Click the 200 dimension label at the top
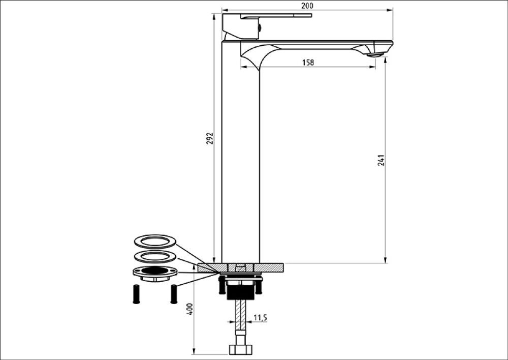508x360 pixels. (x=307, y=6)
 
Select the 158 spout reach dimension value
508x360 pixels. (x=308, y=62)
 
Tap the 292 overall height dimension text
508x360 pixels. (x=210, y=138)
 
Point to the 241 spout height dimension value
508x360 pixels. (x=382, y=160)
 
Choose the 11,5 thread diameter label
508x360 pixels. (x=260, y=317)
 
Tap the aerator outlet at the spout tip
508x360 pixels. (x=375, y=55)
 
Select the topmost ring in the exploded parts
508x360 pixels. (x=155, y=242)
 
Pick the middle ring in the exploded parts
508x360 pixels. (x=155, y=257)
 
